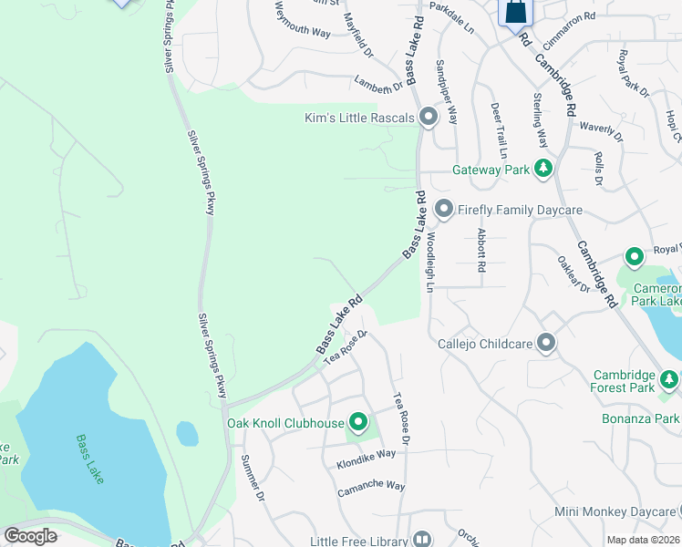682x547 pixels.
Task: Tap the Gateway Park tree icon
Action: tap(543, 169)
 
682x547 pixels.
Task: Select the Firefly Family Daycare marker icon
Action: tap(444, 210)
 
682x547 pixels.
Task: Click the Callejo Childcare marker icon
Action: tap(546, 343)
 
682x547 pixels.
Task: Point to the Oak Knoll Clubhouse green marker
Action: tap(358, 422)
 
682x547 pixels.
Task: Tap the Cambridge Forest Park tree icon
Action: tap(670, 377)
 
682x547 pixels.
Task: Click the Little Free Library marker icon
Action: tap(421, 541)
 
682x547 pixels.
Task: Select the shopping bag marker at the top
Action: tap(515, 13)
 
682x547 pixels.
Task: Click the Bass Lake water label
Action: tap(91, 449)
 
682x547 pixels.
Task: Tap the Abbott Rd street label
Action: tap(480, 251)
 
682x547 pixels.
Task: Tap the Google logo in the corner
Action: tap(30, 536)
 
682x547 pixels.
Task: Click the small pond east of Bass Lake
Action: tap(187, 433)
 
